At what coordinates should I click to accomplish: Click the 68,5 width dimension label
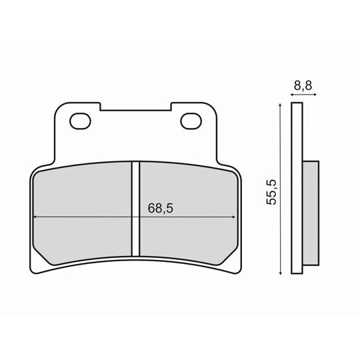coord(160,208)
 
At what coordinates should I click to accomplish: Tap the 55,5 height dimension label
coord(271,192)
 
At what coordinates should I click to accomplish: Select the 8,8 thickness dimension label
coord(303,85)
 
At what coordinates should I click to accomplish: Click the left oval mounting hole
coord(80,121)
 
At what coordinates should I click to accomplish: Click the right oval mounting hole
coord(191,121)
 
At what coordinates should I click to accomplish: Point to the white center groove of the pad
coord(136,209)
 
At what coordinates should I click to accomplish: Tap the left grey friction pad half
coord(83,213)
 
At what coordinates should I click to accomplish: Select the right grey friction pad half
coord(188,213)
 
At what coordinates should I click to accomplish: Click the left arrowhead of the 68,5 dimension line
coord(35,217)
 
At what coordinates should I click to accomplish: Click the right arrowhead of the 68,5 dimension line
coord(234,217)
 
